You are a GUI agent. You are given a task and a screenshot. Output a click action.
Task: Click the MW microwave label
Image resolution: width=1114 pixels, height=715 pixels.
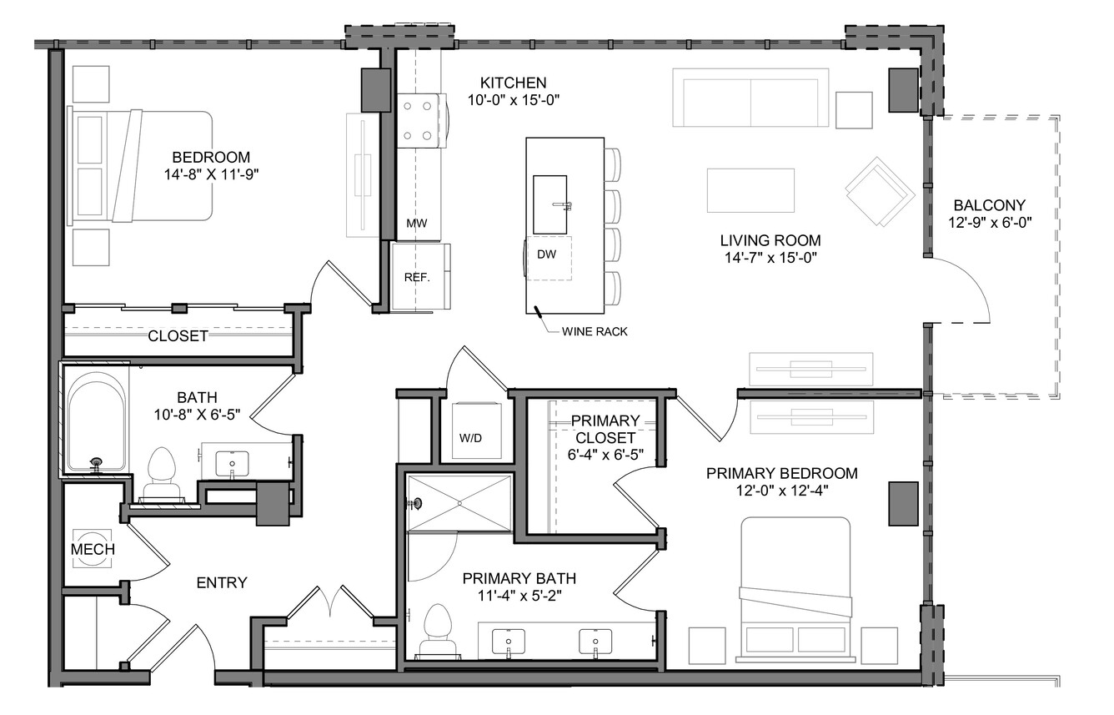(417, 224)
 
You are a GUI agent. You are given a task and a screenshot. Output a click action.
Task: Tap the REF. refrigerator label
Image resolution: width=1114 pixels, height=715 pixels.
(417, 277)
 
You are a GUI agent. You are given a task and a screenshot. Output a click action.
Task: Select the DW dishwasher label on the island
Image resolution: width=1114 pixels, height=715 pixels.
(546, 254)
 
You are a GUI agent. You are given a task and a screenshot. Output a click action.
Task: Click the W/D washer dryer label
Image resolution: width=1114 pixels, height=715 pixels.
(470, 438)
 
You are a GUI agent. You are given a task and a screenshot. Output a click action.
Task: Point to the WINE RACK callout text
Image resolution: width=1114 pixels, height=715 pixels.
(595, 331)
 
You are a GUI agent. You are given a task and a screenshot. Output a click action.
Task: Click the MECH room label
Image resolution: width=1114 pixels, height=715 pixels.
(93, 549)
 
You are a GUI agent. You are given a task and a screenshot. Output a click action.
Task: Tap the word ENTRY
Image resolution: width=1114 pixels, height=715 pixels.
(222, 582)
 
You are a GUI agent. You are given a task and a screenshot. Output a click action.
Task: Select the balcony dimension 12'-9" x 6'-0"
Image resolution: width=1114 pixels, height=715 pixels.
(990, 223)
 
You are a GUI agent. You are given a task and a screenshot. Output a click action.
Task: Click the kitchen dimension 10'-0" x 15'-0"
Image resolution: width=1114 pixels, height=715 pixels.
(514, 100)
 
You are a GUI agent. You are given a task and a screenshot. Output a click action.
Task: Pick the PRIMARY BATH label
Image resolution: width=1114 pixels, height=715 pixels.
(519, 578)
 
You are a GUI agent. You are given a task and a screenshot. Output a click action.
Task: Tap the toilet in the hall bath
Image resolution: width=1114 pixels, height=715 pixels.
(162, 474)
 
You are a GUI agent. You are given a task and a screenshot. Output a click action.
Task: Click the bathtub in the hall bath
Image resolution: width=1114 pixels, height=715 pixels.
(96, 419)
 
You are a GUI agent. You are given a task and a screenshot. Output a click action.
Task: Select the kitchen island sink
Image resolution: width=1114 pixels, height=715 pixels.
(550, 204)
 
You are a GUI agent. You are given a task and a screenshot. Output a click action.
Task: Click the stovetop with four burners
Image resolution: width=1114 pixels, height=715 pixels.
(419, 121)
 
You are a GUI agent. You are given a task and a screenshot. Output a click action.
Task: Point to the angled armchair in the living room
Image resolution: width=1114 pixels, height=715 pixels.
(880, 192)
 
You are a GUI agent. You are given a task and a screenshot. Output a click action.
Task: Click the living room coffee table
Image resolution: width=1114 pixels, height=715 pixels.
(750, 190)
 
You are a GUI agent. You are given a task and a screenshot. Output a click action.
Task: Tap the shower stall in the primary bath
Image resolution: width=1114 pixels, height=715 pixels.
(459, 503)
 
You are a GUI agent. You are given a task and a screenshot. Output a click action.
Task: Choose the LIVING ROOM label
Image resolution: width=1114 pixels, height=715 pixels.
(770, 240)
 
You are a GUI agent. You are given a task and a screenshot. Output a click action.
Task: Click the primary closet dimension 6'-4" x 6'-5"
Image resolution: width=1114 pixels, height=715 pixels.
(605, 454)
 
